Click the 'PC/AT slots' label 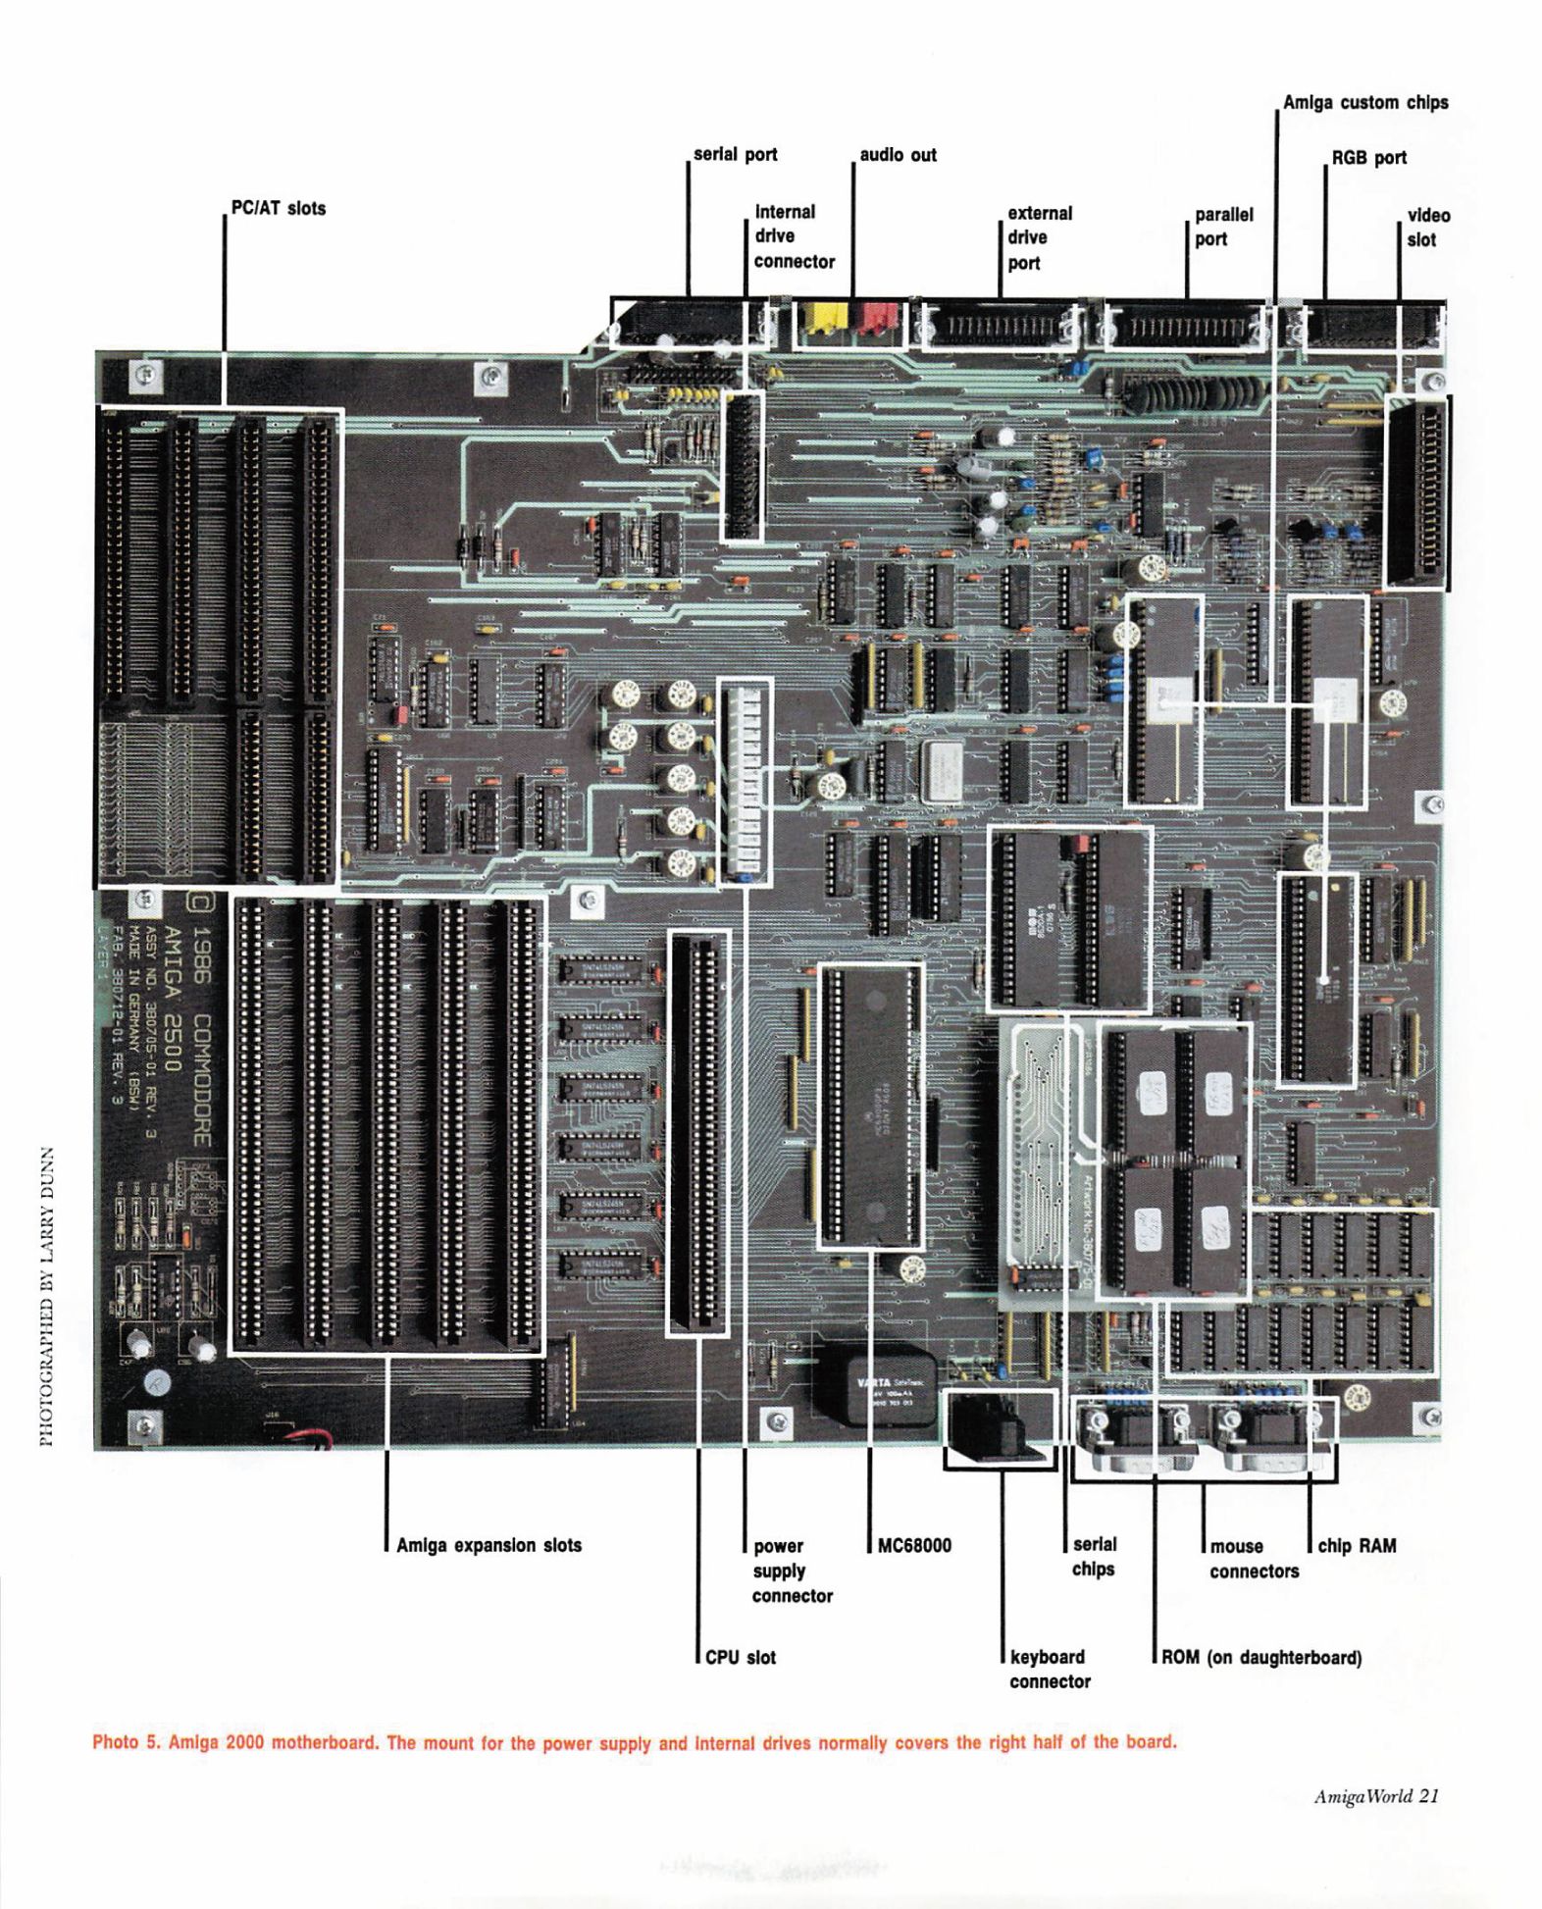pyautogui.click(x=278, y=208)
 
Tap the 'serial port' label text pyautogui.click(x=735, y=154)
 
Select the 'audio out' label pyautogui.click(x=898, y=155)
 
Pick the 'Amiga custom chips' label pyautogui.click(x=1364, y=102)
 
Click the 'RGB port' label pyautogui.click(x=1368, y=157)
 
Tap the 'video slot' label pyautogui.click(x=1427, y=228)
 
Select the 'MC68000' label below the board pyautogui.click(x=914, y=1545)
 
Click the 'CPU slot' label pyautogui.click(x=740, y=1657)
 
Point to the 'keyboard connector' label pyautogui.click(x=1049, y=1669)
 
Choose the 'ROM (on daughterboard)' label pyautogui.click(x=1260, y=1657)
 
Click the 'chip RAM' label pyautogui.click(x=1357, y=1545)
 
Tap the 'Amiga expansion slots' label pyautogui.click(x=488, y=1545)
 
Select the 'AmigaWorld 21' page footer pyautogui.click(x=1375, y=1796)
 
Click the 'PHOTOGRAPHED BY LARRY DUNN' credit pyautogui.click(x=45, y=1295)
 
